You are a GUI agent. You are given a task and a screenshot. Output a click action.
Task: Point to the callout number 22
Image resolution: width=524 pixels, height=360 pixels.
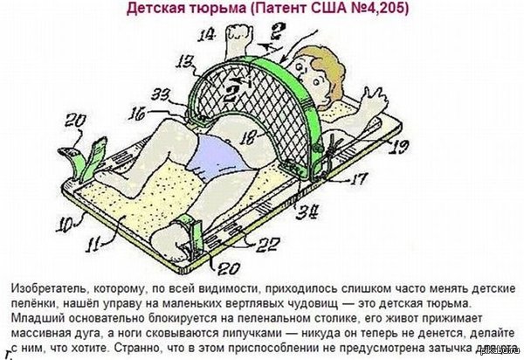click(247, 243)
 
